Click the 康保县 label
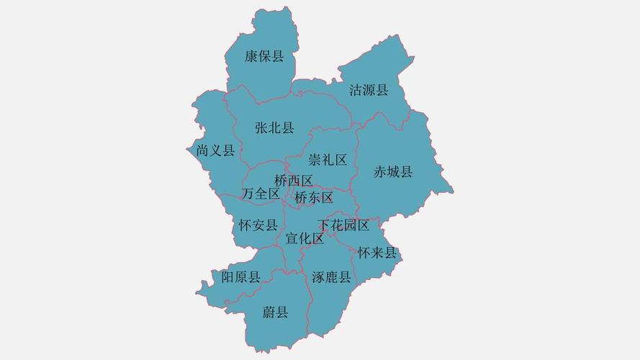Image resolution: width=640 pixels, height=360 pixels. click(264, 57)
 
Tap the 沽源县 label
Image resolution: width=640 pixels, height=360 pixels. click(369, 90)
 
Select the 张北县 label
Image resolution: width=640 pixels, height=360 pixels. click(274, 128)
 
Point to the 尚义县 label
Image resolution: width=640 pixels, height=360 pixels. click(215, 150)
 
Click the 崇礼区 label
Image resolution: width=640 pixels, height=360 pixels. click(328, 159)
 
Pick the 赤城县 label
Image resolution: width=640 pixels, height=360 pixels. click(393, 171)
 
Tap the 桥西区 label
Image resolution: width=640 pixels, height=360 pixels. click(294, 180)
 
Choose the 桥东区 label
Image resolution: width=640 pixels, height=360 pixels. click(314, 197)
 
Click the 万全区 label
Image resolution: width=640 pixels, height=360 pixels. click(261, 194)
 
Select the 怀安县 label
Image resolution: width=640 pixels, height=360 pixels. click(258, 225)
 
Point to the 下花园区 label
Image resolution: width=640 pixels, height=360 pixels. click(344, 225)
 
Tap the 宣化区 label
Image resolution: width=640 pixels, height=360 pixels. click(305, 238)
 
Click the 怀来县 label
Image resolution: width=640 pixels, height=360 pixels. click(377, 253)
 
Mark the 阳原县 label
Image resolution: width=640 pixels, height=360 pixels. click(241, 277)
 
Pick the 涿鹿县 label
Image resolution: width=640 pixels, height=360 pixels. click(331, 277)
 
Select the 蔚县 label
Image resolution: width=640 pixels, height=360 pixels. click(275, 312)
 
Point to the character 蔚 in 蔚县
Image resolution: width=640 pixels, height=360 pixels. click(269, 312)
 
